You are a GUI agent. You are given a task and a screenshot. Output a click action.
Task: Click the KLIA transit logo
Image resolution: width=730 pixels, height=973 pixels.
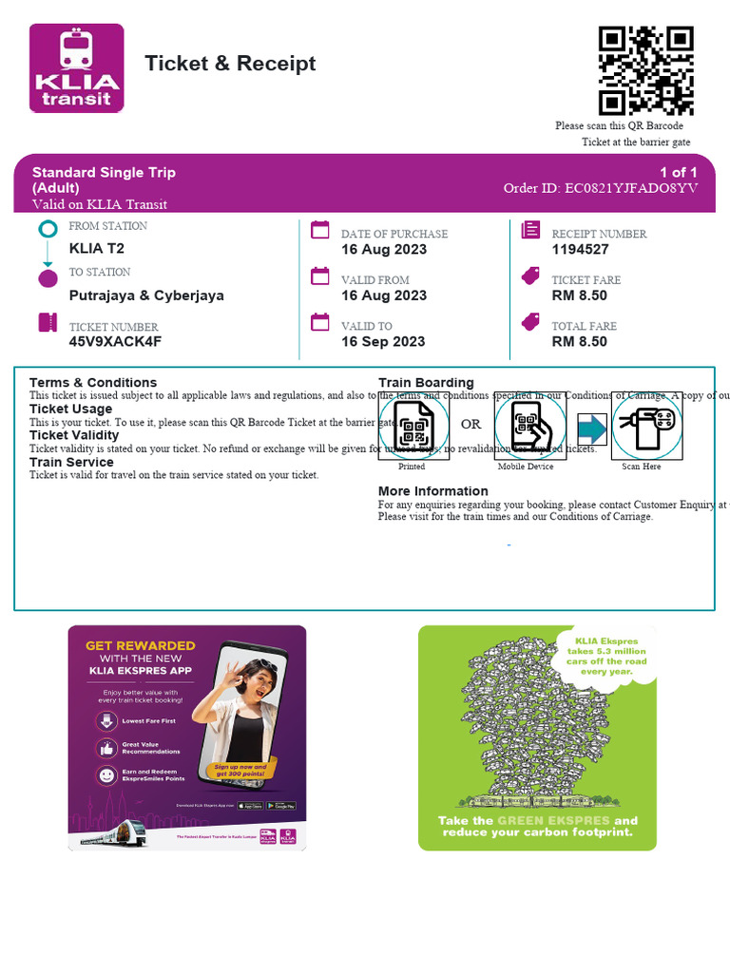[x=77, y=68]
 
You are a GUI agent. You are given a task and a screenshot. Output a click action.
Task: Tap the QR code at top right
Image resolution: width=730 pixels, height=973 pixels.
[x=645, y=70]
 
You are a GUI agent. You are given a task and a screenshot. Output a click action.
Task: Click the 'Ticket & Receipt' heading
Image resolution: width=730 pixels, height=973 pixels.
[x=230, y=64]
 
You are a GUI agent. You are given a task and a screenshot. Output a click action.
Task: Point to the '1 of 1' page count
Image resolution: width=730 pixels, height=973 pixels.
[x=679, y=172]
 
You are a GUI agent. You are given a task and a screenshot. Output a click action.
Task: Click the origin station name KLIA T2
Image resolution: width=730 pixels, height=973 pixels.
[x=97, y=249]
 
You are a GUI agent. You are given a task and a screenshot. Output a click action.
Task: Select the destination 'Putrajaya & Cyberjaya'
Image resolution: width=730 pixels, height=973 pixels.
[x=146, y=296]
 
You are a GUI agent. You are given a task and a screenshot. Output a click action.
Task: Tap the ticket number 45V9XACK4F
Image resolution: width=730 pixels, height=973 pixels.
[x=115, y=342]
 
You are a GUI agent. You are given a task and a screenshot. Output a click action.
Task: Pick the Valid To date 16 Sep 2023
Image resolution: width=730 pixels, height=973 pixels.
[x=383, y=342]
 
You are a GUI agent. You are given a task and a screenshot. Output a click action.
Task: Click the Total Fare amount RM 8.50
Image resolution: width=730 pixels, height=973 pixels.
[x=579, y=342]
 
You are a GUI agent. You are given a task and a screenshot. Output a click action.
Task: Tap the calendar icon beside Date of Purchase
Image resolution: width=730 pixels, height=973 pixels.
[x=320, y=230]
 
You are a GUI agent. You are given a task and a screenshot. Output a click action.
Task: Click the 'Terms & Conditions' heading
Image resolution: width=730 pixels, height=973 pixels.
[x=93, y=382]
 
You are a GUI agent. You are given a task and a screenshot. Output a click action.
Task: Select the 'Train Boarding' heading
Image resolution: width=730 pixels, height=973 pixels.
[x=426, y=382]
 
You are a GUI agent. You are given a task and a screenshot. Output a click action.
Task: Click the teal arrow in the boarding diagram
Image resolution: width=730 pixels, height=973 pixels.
[x=591, y=428]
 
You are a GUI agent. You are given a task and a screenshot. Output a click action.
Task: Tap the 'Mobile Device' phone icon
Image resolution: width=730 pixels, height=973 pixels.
[x=529, y=426]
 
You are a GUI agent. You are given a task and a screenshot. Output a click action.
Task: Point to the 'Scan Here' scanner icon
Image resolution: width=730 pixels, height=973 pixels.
[x=644, y=426]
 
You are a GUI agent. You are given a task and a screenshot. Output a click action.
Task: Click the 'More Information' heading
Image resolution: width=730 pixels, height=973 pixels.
[x=432, y=491]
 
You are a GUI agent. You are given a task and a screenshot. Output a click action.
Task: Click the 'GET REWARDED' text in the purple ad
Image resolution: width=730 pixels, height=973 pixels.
[x=141, y=645]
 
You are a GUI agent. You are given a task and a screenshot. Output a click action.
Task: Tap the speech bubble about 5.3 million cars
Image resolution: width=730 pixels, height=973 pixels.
[x=606, y=655]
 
